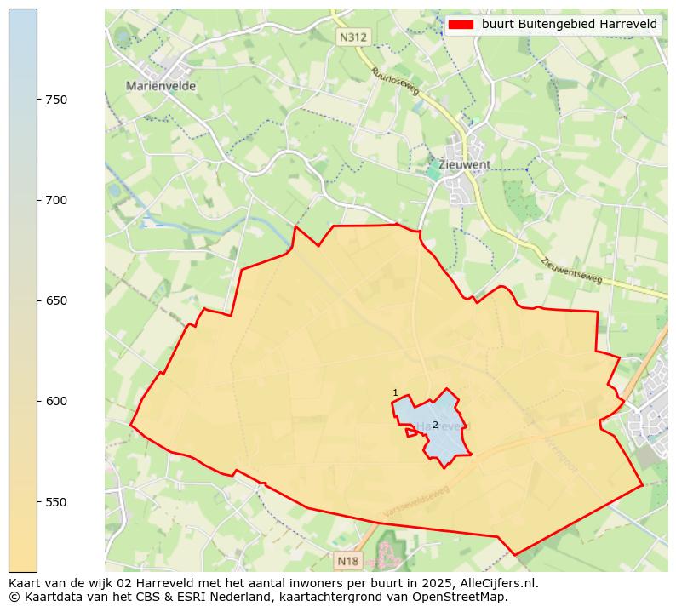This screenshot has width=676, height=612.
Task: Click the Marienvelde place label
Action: pos(161,86)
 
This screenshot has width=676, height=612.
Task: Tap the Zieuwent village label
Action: pos(464,164)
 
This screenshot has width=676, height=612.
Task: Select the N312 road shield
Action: pos(352,37)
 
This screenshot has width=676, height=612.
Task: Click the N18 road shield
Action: pos(348,561)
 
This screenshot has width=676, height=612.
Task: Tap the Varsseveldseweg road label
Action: pos(416,502)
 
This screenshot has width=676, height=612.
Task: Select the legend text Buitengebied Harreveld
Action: pos(569,25)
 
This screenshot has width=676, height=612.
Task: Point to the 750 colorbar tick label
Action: pos(56,100)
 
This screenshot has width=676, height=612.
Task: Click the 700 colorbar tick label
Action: pos(56,200)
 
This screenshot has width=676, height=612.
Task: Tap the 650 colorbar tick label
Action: pos(56,300)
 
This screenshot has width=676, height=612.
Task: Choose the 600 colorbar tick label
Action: pos(56,401)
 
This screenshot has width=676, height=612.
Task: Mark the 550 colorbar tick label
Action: pos(56,502)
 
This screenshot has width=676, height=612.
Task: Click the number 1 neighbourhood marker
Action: pos(395,392)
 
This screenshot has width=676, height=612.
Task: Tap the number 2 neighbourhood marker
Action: pos(435,425)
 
